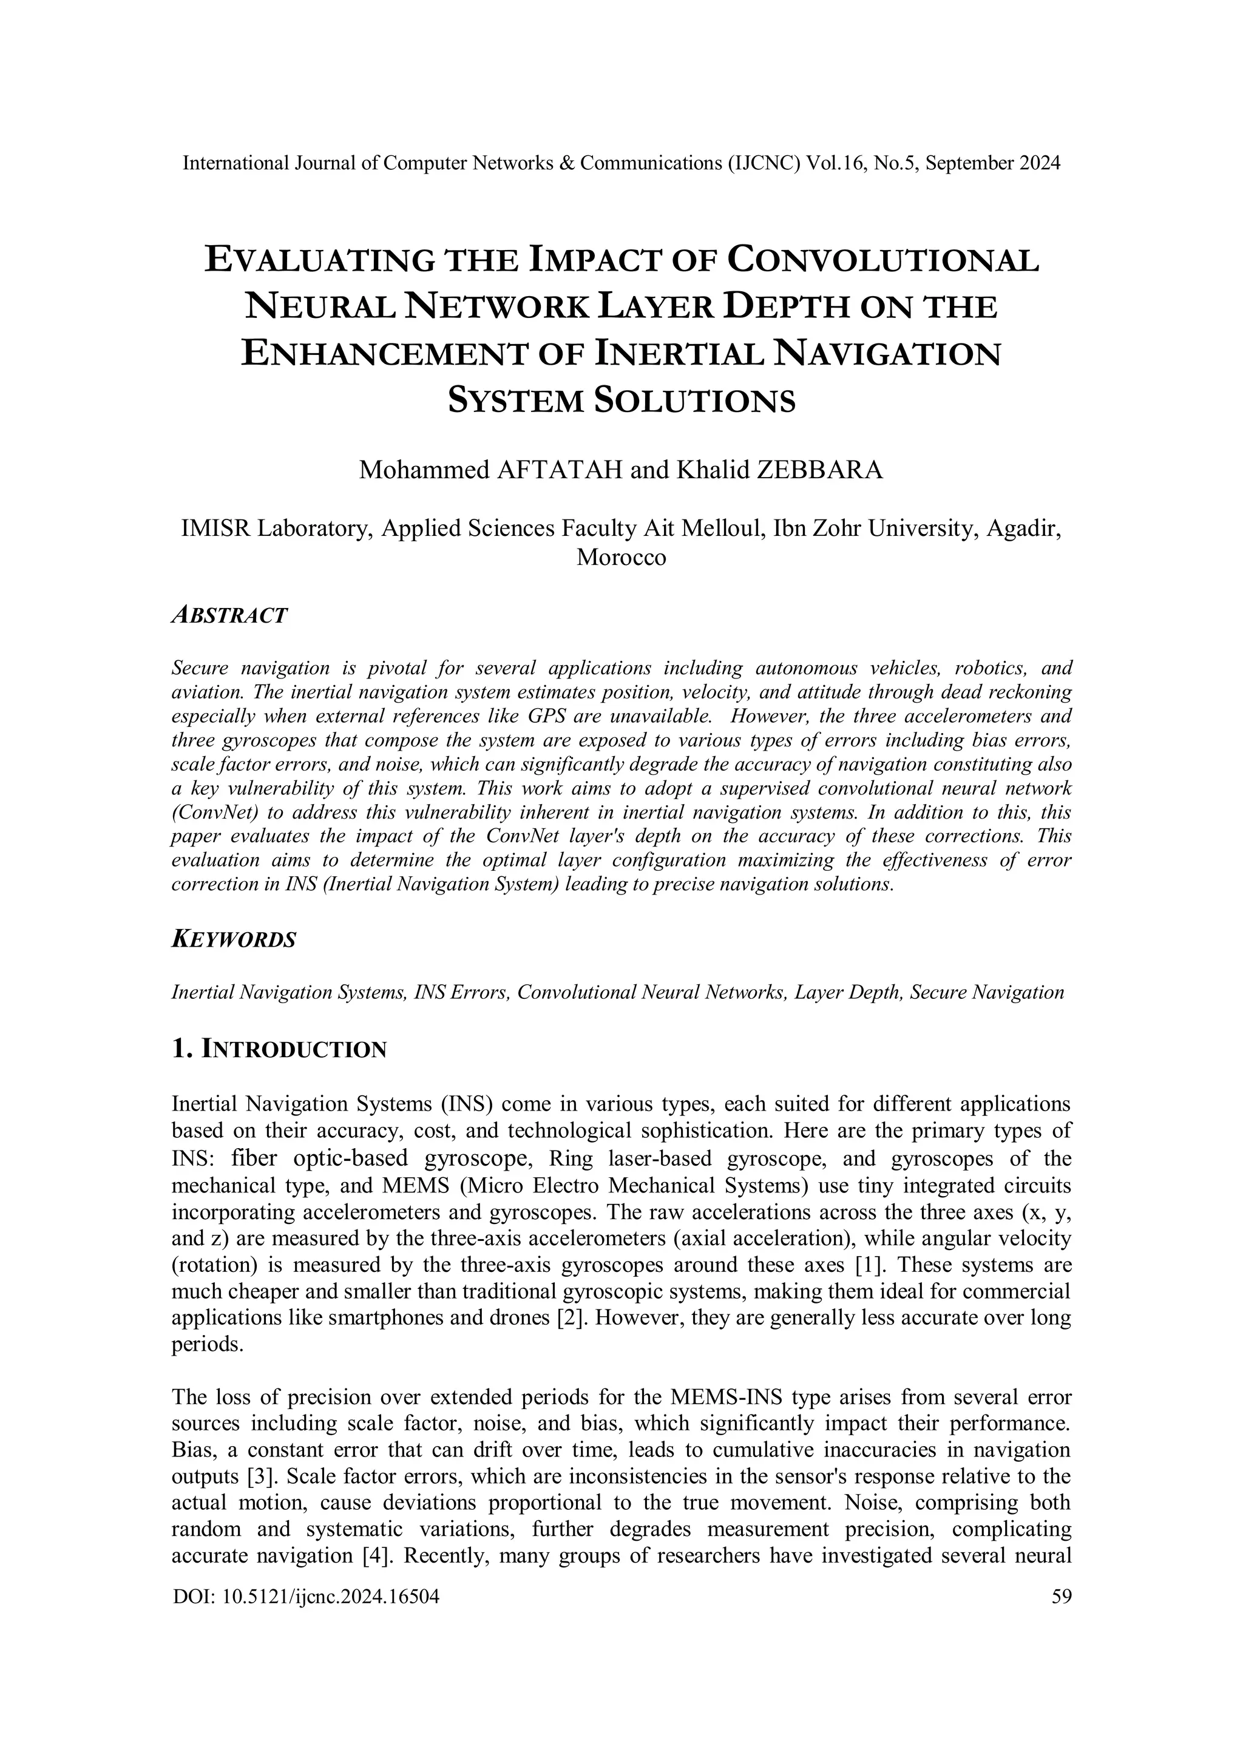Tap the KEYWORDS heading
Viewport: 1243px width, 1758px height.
[x=234, y=939]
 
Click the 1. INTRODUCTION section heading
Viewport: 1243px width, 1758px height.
[x=280, y=1049]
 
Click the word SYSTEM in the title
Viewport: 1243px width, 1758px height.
[x=516, y=401]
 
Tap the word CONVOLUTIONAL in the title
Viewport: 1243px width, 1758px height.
[x=882, y=260]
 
